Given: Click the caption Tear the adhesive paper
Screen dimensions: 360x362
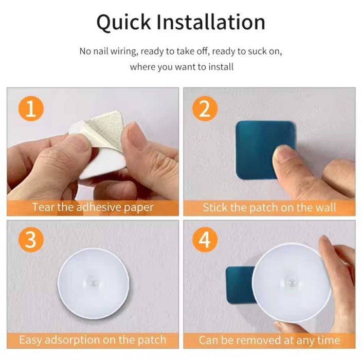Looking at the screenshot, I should [93, 208].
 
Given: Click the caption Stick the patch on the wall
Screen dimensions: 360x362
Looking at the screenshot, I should [269, 208].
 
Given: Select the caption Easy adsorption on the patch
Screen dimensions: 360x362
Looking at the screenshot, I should [93, 340].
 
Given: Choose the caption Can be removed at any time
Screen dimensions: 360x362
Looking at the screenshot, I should [269, 340].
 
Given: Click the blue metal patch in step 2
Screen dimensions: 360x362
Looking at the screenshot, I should [257, 139].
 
